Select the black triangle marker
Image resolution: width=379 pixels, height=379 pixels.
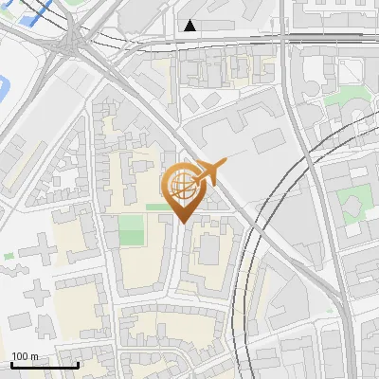191,26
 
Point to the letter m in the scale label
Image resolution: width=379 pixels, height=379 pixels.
35,357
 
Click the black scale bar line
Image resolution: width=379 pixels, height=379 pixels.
44,366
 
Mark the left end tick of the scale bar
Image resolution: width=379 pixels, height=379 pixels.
11,363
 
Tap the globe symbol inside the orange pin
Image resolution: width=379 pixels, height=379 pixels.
180,185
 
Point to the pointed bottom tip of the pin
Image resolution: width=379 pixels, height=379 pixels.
181,222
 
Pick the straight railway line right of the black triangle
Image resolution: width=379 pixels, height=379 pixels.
284,38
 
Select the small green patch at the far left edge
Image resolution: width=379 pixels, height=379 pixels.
9,256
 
